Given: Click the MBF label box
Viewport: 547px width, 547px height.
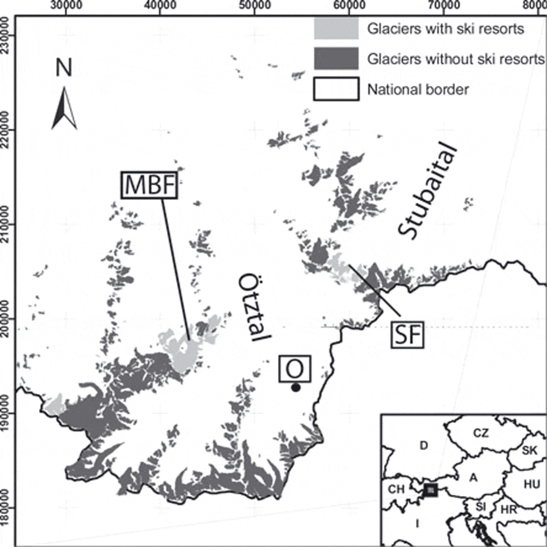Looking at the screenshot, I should pyautogui.click(x=149, y=185).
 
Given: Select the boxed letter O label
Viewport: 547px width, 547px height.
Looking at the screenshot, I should pyautogui.click(x=295, y=368).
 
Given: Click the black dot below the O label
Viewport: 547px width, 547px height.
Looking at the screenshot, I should pyautogui.click(x=296, y=388).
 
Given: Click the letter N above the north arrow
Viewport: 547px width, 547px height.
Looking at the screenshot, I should pyautogui.click(x=64, y=68).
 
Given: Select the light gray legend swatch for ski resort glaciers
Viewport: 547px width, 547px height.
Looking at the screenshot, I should pyautogui.click(x=336, y=29).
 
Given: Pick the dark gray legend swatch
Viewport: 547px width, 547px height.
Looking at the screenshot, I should pyautogui.click(x=336, y=59).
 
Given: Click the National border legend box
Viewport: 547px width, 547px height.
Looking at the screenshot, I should pyautogui.click(x=336, y=89).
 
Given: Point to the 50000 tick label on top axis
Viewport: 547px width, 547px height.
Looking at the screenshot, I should pyautogui.click(x=254, y=5).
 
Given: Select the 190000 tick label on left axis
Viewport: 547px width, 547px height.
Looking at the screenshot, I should pyautogui.click(x=5, y=413).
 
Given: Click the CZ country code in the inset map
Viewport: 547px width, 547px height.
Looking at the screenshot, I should pyautogui.click(x=481, y=433).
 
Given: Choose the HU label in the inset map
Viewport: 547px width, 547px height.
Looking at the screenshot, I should pyautogui.click(x=532, y=484).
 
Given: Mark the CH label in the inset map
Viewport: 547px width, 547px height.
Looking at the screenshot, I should pyautogui.click(x=396, y=489).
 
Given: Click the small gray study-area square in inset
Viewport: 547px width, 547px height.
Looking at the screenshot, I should pyautogui.click(x=431, y=489).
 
